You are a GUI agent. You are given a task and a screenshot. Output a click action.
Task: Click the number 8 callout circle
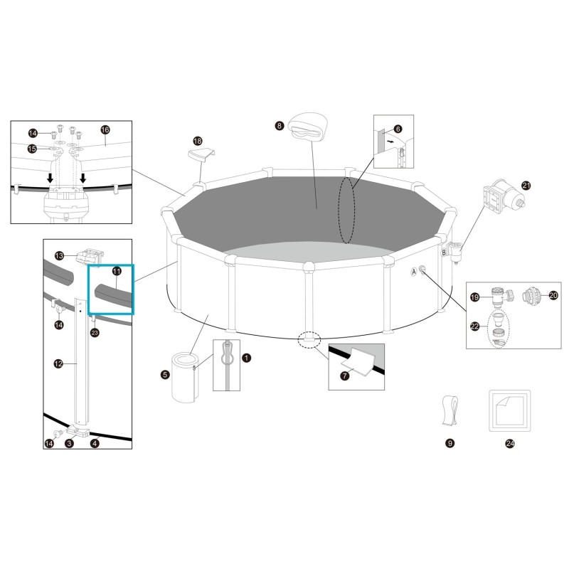point(280,126)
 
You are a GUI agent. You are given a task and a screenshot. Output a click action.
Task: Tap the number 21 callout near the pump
point(526,186)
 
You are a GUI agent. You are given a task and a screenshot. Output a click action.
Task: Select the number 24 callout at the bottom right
point(509,443)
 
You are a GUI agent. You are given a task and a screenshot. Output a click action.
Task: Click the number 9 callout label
point(450,443)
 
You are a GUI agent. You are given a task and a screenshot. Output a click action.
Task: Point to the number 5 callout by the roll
point(165,374)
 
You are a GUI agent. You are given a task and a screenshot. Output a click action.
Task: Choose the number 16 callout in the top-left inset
point(105,130)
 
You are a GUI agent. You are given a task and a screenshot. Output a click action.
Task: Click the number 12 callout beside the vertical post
point(58,363)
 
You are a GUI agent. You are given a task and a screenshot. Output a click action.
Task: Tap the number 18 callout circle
point(198,142)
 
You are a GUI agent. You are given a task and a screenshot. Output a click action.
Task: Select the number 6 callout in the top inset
point(418,129)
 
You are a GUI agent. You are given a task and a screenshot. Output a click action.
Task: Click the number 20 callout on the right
point(553,294)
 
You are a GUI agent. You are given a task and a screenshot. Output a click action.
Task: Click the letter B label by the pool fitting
point(445,252)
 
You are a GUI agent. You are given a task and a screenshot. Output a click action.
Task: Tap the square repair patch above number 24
point(509,410)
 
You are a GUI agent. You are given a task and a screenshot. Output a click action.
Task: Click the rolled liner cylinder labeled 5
point(186,376)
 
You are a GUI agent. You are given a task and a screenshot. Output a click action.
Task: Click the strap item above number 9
point(450,410)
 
